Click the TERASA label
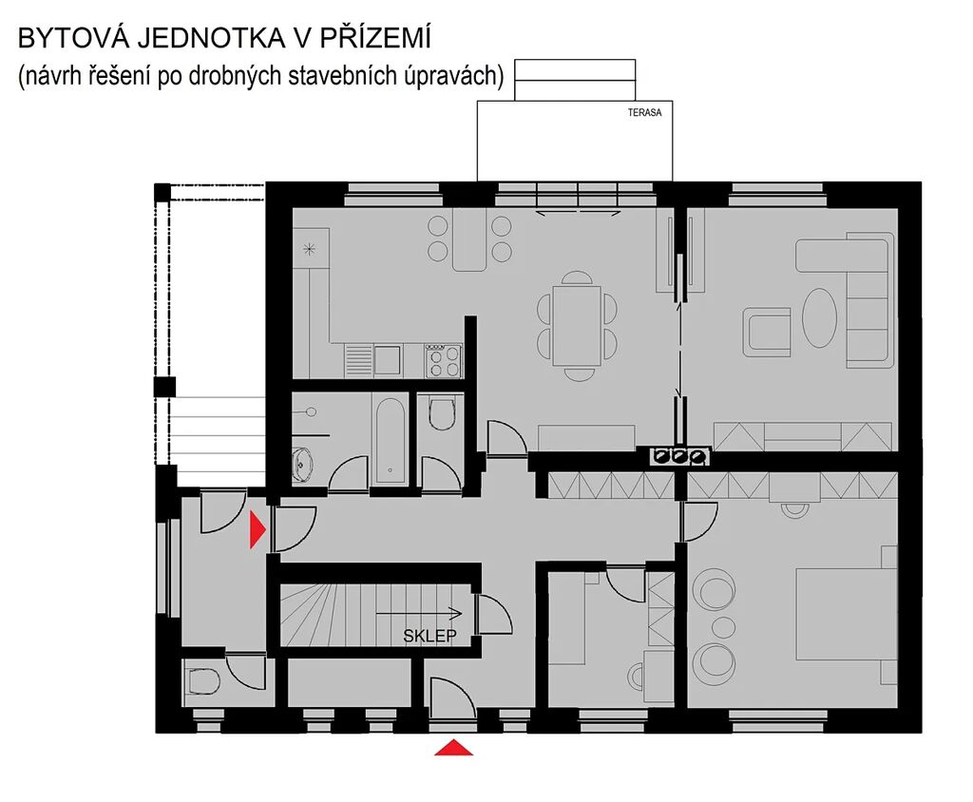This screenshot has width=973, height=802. click(x=644, y=112)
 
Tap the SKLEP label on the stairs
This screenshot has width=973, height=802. click(x=429, y=636)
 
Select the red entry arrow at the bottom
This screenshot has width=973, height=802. click(x=453, y=748)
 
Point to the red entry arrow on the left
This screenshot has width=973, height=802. click(x=257, y=529)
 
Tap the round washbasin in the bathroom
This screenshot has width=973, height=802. click(x=302, y=464)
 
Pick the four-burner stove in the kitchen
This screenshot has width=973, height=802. click(x=443, y=361)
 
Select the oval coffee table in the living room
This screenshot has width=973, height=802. click(x=819, y=317)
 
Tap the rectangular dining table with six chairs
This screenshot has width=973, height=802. click(x=577, y=325)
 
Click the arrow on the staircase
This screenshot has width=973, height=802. click(x=419, y=613)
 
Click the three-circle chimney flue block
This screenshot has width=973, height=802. click(x=680, y=456)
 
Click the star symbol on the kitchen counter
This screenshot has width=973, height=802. click(x=309, y=250)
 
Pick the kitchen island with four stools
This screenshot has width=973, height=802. click(x=469, y=239)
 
